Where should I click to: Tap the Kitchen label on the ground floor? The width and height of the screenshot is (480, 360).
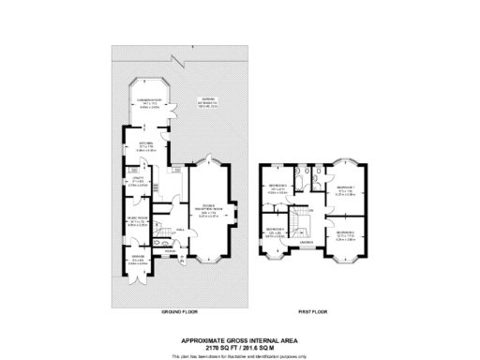pyautogui.click(x=146, y=144)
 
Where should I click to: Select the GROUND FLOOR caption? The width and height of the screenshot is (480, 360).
pyautogui.click(x=176, y=308)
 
